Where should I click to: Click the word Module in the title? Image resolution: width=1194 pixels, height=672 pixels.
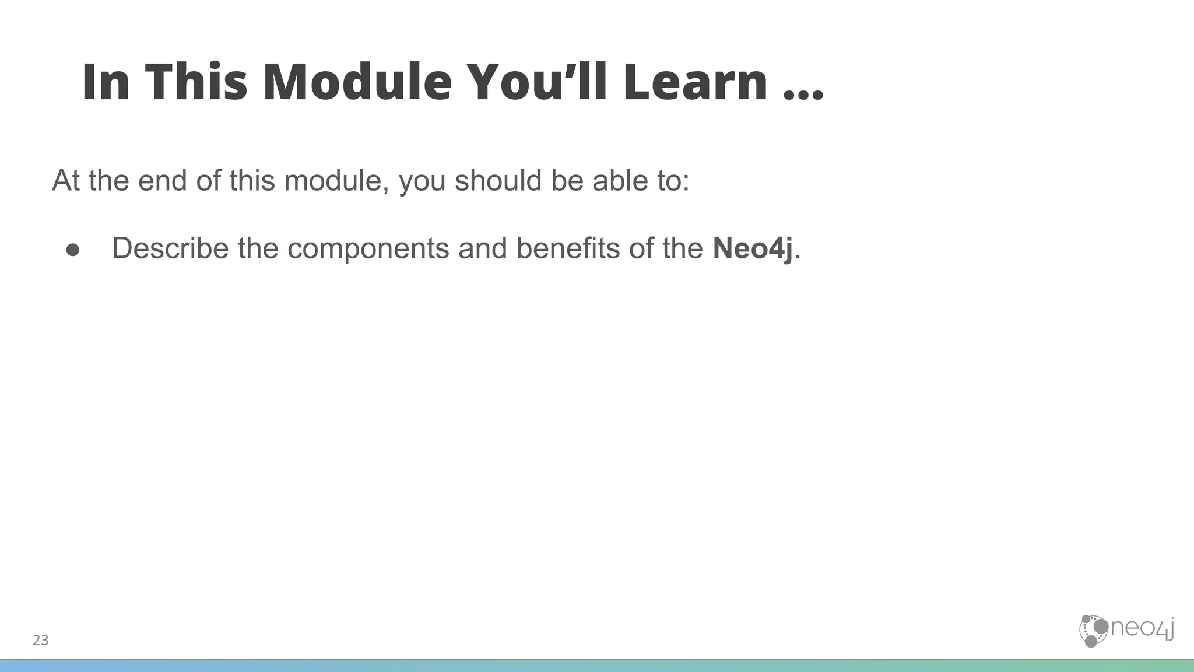(357, 82)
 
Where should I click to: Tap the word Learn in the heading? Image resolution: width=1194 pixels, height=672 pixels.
(695, 82)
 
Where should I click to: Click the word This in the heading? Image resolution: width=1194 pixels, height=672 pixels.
(196, 82)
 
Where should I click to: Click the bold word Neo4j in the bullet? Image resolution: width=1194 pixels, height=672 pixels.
(753, 249)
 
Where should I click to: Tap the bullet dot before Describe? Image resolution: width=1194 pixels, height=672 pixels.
(73, 250)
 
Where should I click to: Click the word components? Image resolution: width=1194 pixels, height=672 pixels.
(368, 249)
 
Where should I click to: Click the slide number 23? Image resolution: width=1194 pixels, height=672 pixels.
(41, 640)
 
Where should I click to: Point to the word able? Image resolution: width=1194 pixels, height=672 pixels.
(620, 181)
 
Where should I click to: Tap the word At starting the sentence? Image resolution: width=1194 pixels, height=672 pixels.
(65, 181)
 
